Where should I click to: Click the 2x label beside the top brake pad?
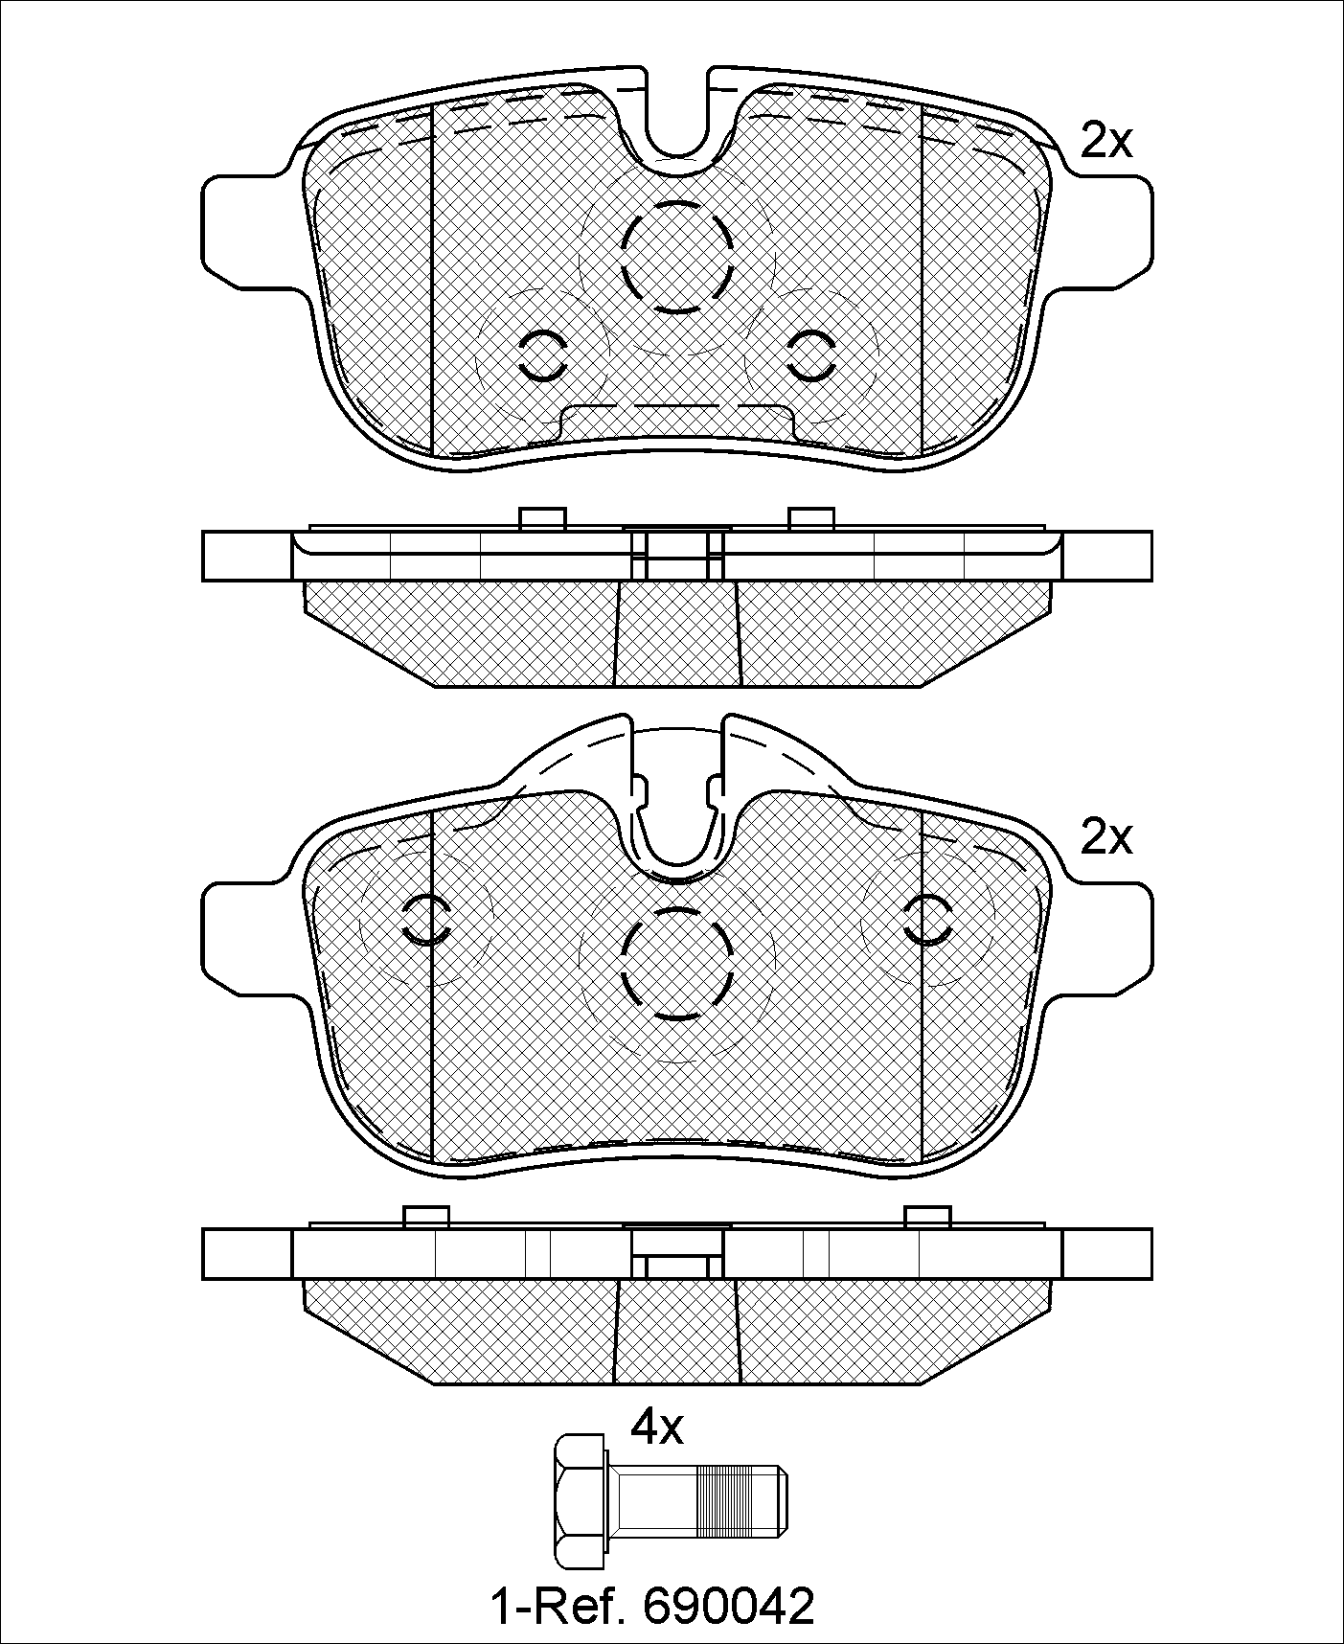[1106, 142]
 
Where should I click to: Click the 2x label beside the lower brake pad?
[1106, 838]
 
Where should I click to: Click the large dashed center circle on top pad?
[676, 256]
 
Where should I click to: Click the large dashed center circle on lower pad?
[676, 963]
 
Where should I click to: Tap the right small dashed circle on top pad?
[811, 355]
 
